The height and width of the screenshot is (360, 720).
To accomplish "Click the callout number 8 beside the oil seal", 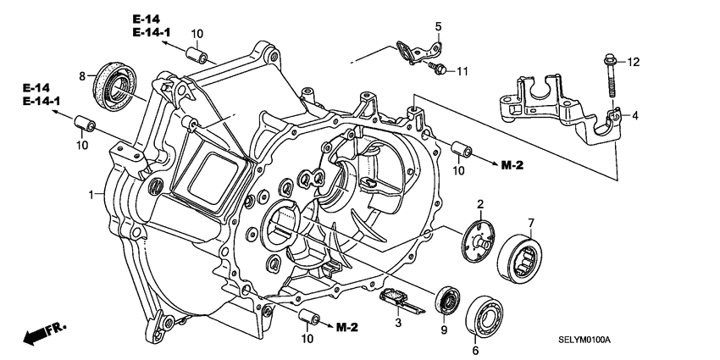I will click(x=82, y=76).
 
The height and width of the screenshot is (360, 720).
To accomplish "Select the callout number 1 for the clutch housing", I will click(x=91, y=196).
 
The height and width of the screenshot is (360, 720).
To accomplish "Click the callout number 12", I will click(x=634, y=61).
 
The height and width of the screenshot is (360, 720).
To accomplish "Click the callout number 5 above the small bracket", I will click(x=439, y=25).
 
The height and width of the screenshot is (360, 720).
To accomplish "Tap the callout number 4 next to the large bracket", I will click(x=634, y=115).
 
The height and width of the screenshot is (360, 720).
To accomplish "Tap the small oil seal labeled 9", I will click(x=446, y=300).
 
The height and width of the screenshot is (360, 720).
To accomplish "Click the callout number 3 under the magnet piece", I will click(x=396, y=322).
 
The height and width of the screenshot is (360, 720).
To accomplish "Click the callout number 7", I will click(x=531, y=223).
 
